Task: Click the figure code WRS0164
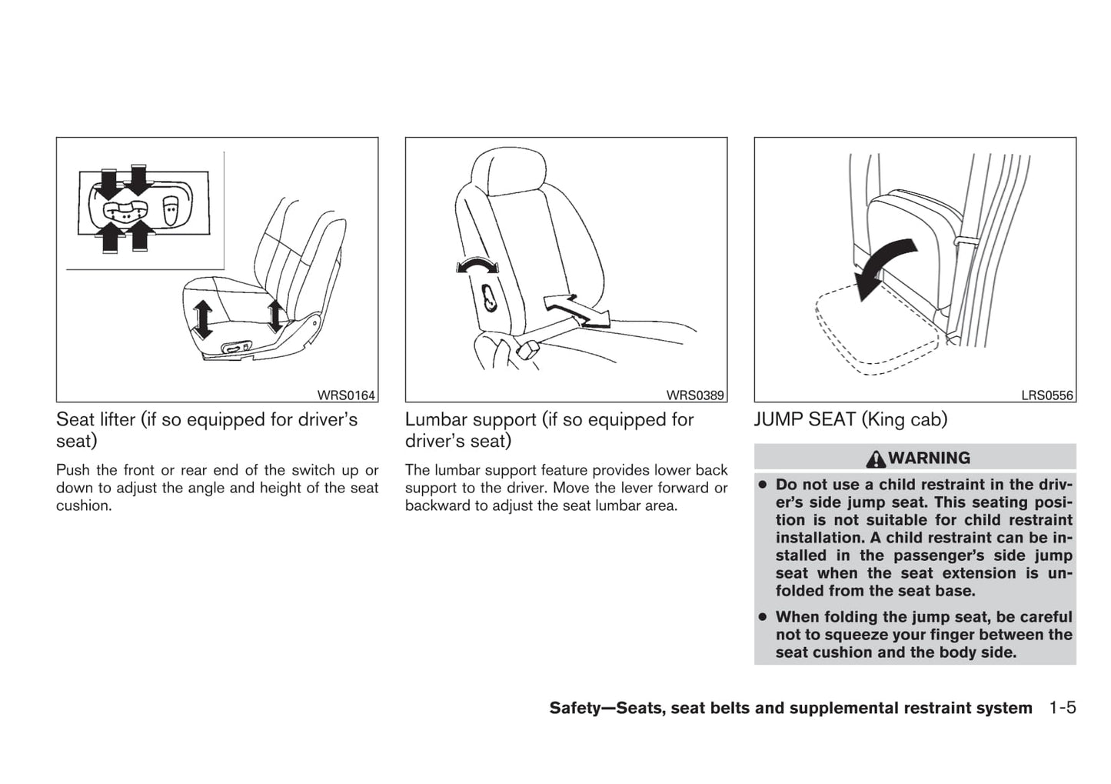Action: click(x=346, y=395)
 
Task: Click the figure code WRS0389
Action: click(x=695, y=395)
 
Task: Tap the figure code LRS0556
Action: click(x=1047, y=395)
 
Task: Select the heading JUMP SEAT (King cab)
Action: click(x=850, y=419)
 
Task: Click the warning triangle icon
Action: click(x=875, y=459)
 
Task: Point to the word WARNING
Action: click(x=929, y=458)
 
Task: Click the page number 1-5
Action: click(x=1062, y=708)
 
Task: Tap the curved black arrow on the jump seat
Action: click(x=884, y=265)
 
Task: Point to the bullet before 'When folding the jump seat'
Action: click(x=762, y=617)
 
